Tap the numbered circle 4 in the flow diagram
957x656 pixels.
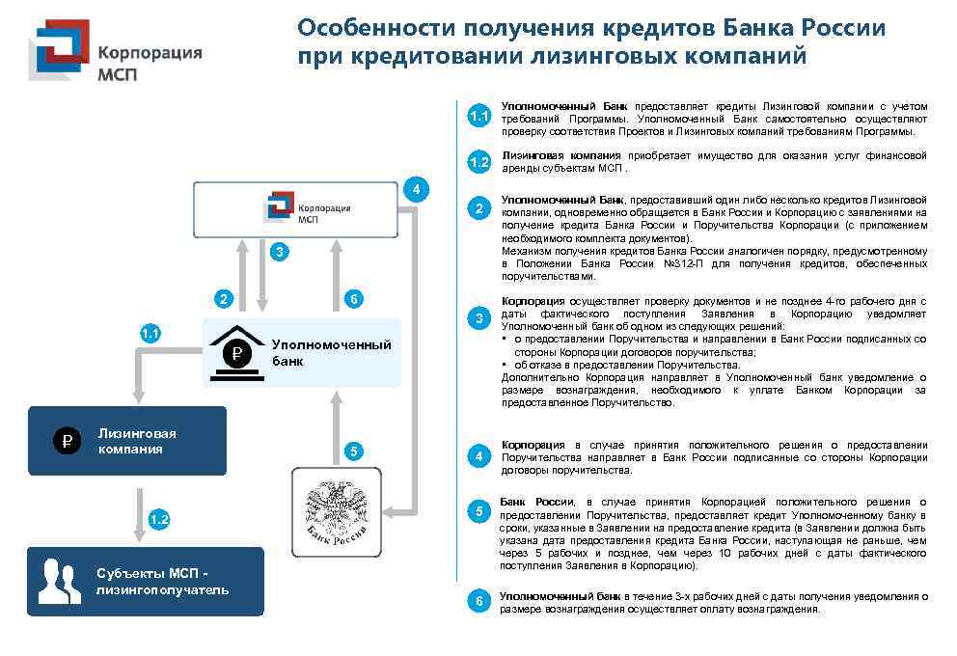click(415, 189)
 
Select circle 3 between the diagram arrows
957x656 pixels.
click(279, 252)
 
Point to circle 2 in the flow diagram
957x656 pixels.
click(224, 299)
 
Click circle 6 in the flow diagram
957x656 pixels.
click(354, 299)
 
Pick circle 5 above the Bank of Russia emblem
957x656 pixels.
click(354, 451)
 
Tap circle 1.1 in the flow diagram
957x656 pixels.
click(150, 334)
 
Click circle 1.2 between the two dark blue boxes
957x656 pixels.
click(159, 520)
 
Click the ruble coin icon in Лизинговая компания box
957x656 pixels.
click(66, 442)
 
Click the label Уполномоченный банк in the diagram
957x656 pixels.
click(331, 352)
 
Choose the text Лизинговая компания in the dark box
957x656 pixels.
click(137, 441)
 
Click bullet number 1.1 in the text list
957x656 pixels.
click(479, 117)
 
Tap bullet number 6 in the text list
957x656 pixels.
click(479, 601)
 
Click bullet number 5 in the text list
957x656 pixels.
click(479, 511)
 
